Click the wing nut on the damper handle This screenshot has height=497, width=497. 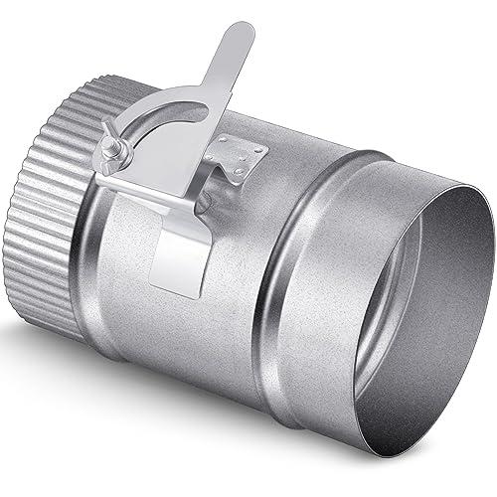click(x=112, y=150)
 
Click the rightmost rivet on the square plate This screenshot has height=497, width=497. click(x=261, y=151)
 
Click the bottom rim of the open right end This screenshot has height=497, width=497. click(x=398, y=417)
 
